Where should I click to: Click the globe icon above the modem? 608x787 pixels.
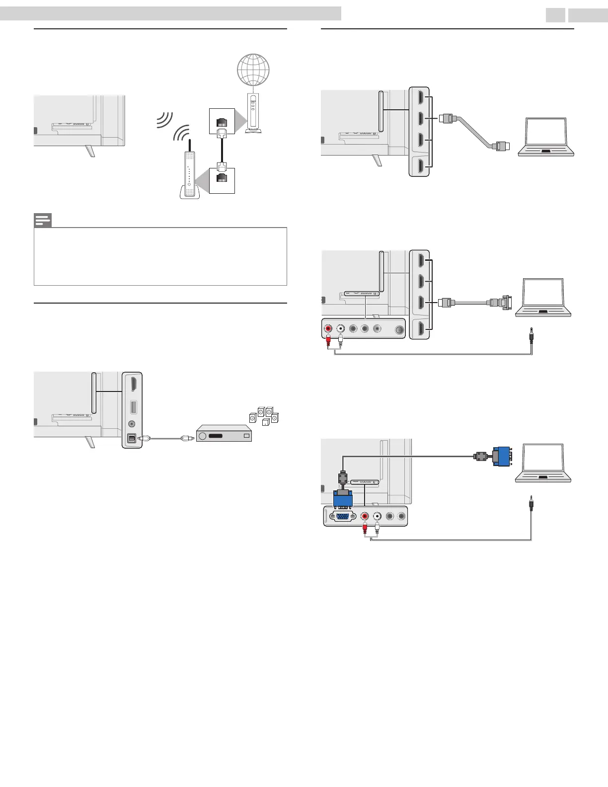pyautogui.click(x=253, y=70)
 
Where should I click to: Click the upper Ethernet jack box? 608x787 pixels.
pyautogui.click(x=222, y=121)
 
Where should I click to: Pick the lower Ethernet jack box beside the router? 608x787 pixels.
pyautogui.click(x=222, y=180)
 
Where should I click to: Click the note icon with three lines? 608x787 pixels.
pyautogui.click(x=43, y=221)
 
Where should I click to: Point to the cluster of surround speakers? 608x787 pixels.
pyautogui.click(x=264, y=416)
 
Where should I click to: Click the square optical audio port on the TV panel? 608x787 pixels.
pyautogui.click(x=132, y=439)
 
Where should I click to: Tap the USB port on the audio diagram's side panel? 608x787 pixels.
pyautogui.click(x=132, y=407)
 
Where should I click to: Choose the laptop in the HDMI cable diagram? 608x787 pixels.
pyautogui.click(x=546, y=138)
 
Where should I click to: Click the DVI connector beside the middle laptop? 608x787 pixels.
pyautogui.click(x=499, y=302)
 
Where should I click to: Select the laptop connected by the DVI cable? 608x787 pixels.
pyautogui.click(x=543, y=298)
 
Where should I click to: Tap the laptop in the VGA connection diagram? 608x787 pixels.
pyautogui.click(x=543, y=463)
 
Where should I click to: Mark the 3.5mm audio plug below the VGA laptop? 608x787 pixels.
pyautogui.click(x=532, y=501)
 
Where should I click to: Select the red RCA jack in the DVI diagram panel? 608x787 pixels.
pyautogui.click(x=328, y=328)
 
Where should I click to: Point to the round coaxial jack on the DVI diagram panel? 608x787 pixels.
pyautogui.click(x=399, y=329)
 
